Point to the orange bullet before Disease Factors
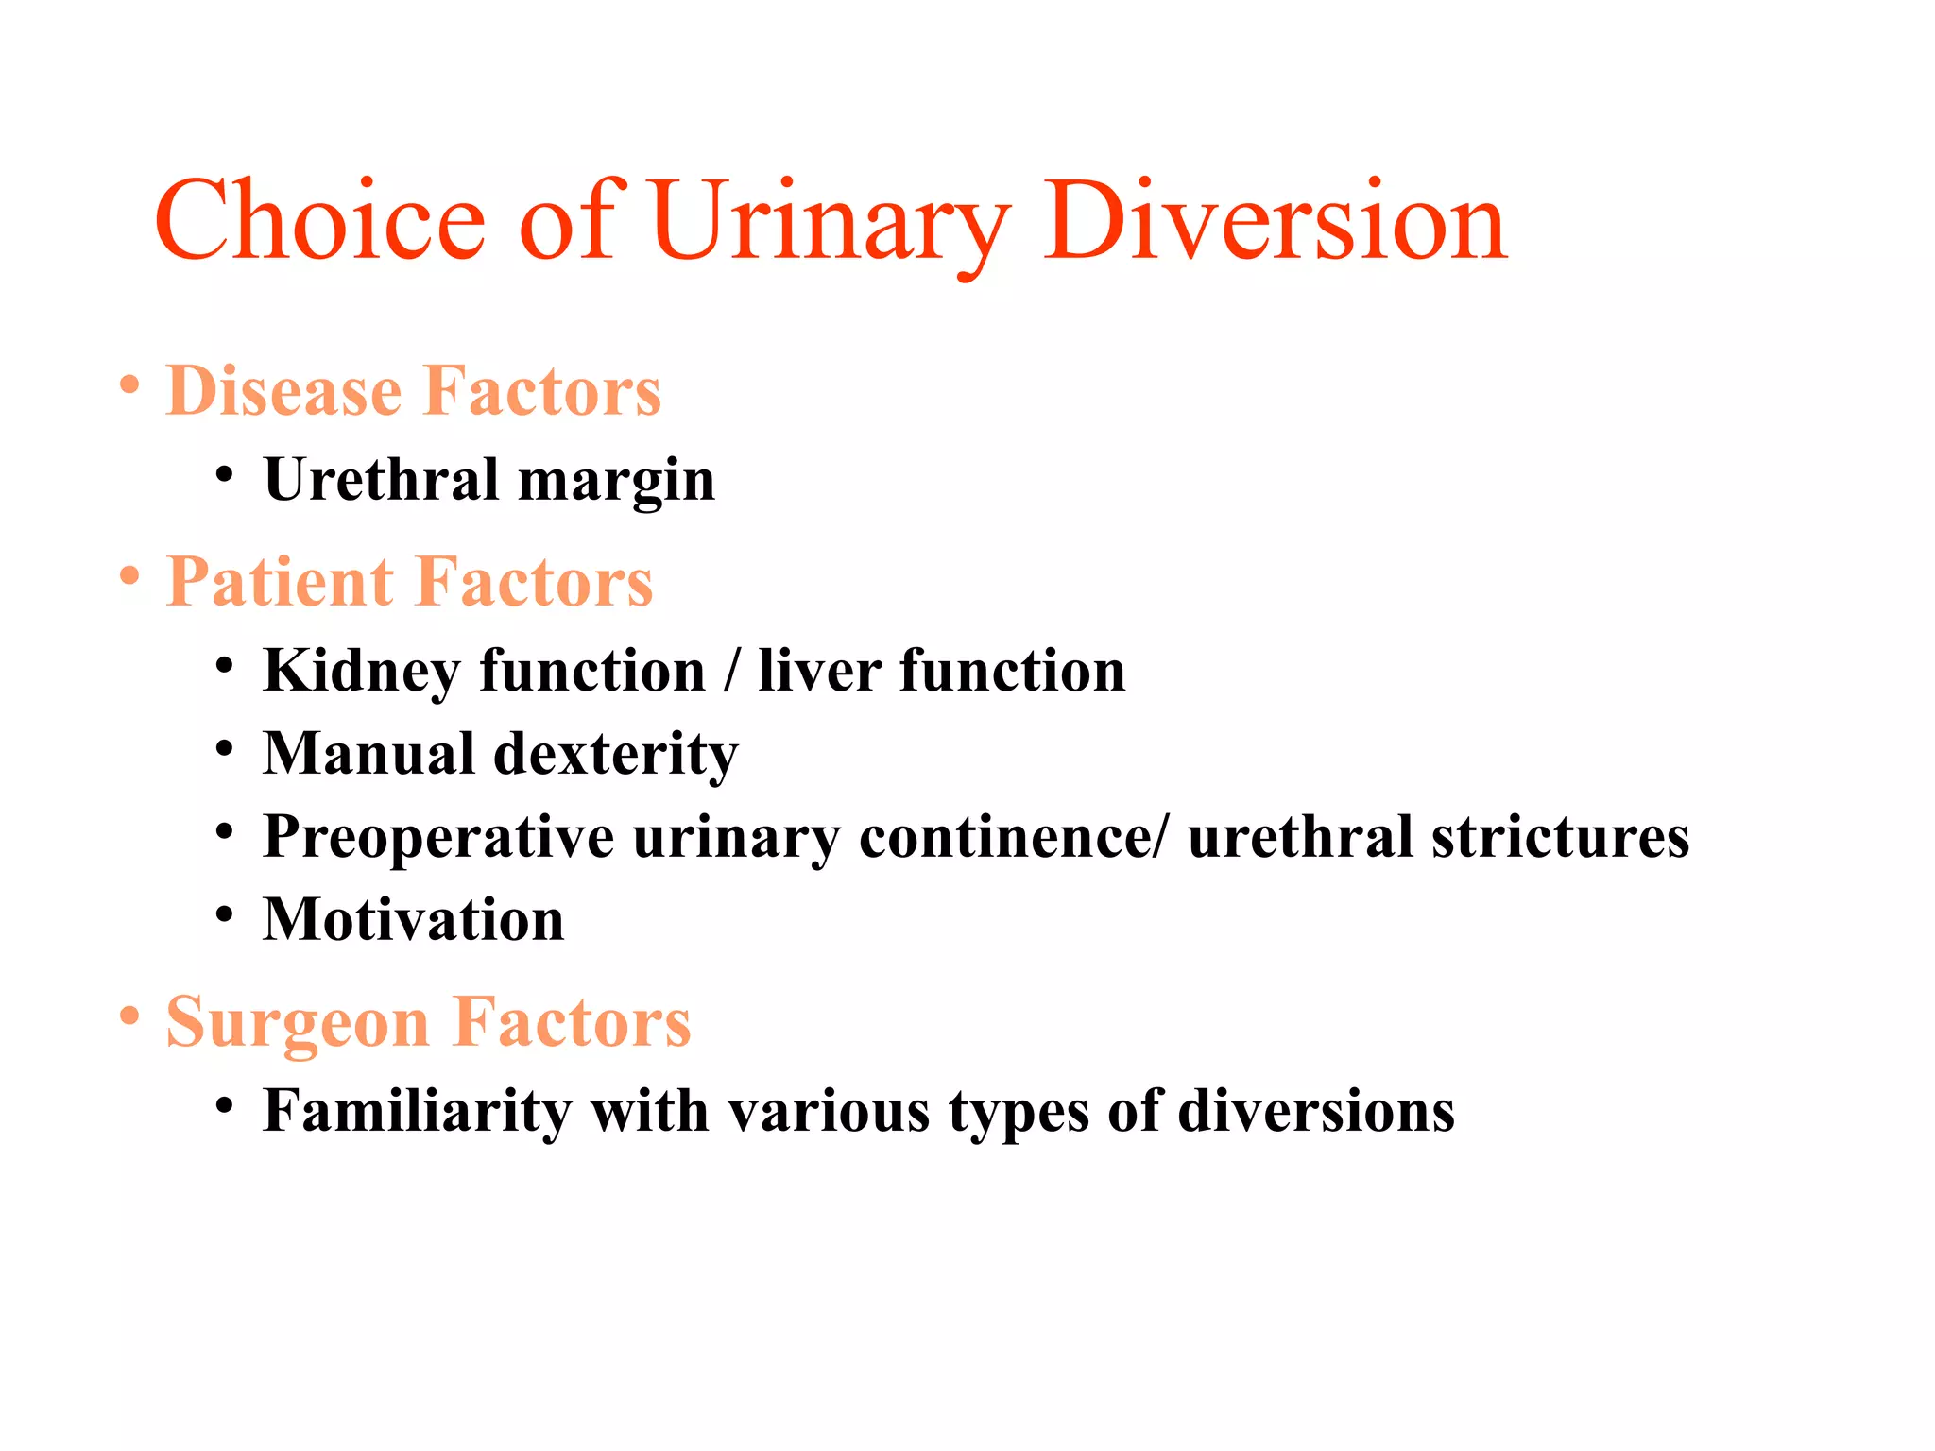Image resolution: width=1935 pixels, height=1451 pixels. (x=129, y=385)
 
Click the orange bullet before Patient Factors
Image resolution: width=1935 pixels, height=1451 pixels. (x=129, y=575)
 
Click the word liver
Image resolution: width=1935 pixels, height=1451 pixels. (x=819, y=671)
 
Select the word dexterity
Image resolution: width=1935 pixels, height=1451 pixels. (x=615, y=755)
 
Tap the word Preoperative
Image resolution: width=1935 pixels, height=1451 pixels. (x=438, y=838)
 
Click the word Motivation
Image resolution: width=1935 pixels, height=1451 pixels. (x=414, y=920)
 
